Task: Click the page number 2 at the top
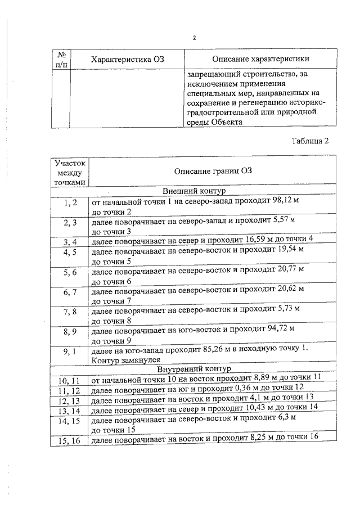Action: coord(194,38)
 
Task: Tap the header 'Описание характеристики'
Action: coord(260,60)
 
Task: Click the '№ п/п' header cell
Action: coord(62,60)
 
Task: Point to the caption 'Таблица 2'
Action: coord(310,141)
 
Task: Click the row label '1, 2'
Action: coord(70,201)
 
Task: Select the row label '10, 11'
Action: coord(70,381)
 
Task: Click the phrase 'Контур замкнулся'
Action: coord(126,360)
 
